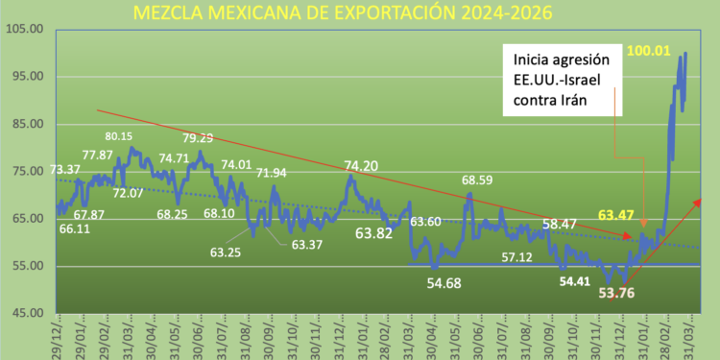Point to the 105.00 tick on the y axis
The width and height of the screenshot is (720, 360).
(25, 30)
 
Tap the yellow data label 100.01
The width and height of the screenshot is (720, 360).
(649, 48)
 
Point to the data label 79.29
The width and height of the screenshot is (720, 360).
(199, 138)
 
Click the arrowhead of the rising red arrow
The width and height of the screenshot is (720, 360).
(697, 201)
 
